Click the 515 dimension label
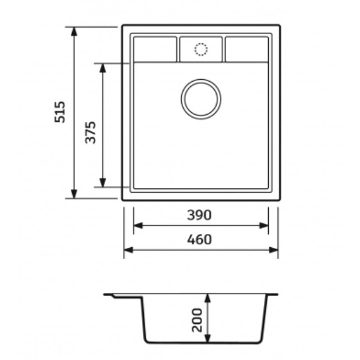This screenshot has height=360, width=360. pos(60,112)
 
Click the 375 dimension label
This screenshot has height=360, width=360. pos(90,133)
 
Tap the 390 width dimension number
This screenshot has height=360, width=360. pos(199,215)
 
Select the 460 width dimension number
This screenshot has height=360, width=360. pos(199,239)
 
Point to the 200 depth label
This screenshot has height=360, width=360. pos(197,320)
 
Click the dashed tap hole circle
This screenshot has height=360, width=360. pos(201,49)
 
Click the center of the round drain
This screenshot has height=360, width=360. pos(201,99)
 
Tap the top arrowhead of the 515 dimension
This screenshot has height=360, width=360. pos(74,32)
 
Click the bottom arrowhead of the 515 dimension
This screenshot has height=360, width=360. pos(74,194)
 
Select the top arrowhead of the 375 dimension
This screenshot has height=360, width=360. pos(103,68)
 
